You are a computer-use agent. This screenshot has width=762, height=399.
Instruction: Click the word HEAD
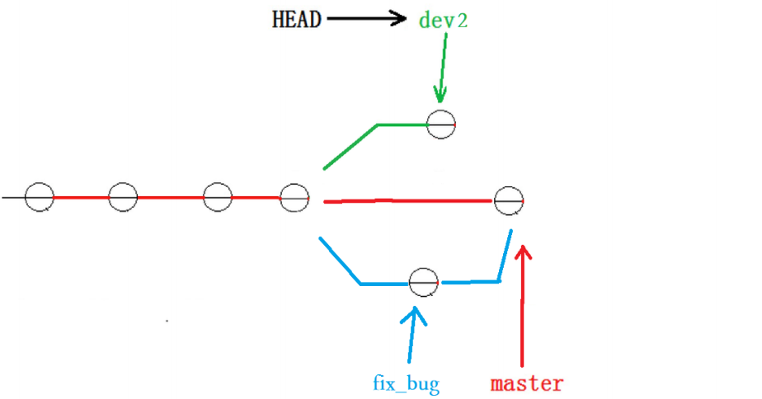(296, 20)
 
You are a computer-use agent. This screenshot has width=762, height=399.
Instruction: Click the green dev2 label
(443, 20)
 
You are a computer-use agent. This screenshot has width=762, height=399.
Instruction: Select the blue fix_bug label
(405, 383)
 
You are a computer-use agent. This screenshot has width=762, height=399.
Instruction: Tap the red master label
(527, 383)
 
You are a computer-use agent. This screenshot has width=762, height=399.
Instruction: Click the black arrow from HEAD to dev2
(363, 19)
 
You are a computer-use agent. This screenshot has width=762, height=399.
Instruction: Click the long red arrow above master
(523, 313)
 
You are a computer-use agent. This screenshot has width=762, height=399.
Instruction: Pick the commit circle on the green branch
(440, 124)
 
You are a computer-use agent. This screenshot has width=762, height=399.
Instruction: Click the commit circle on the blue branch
(424, 283)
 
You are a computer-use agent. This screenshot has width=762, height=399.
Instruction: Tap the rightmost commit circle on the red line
(509, 200)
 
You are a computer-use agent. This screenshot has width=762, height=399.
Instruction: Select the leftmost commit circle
(39, 198)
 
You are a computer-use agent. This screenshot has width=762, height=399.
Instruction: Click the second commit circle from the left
(123, 198)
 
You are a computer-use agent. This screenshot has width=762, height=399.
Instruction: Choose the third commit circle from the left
(218, 198)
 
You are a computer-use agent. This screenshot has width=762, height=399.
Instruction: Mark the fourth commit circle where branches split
(294, 198)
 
